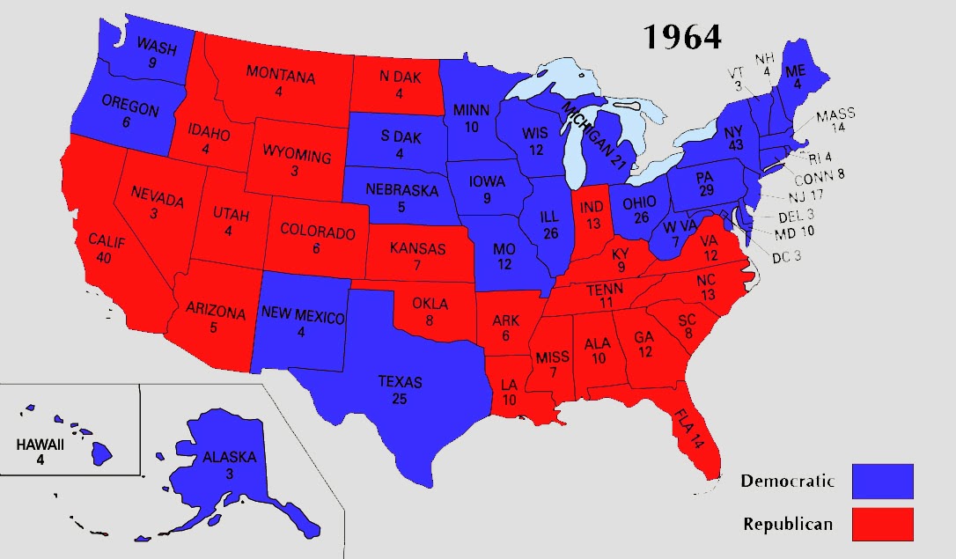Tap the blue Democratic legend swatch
click(x=882, y=482)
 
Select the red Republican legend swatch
click(x=882, y=524)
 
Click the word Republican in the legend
click(x=787, y=524)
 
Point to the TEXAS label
click(x=400, y=382)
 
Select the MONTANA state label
click(x=280, y=76)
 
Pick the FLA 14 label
click(x=695, y=427)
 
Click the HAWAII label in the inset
click(x=40, y=445)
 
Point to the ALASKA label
click(x=229, y=457)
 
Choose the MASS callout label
click(x=835, y=115)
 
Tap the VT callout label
click(x=735, y=72)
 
